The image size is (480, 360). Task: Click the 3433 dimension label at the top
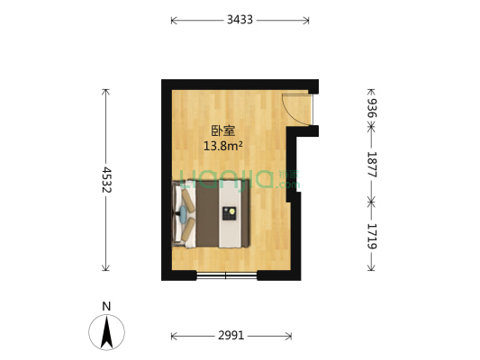240,19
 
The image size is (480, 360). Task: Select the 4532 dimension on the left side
106,180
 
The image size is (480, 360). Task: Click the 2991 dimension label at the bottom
231,337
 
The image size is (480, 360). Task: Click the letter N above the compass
106,306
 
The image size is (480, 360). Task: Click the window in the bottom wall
228,273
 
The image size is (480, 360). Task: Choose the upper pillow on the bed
186,197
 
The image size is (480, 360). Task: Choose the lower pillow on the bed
186,229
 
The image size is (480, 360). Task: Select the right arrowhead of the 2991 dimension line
290,337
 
